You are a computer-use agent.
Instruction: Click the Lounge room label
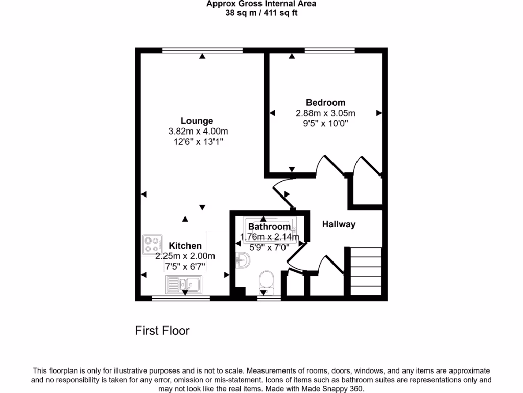pyautogui.click(x=197, y=121)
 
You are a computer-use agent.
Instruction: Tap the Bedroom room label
pyautogui.click(x=325, y=102)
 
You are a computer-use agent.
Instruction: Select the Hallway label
pyautogui.click(x=339, y=224)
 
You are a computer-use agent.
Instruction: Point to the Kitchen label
pyautogui.click(x=185, y=246)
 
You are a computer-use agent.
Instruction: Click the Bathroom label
pyautogui.click(x=269, y=227)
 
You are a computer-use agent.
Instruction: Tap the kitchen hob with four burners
pyautogui.click(x=152, y=245)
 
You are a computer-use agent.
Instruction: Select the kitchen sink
pyautogui.click(x=184, y=285)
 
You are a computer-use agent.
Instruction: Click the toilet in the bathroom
pyautogui.click(x=267, y=282)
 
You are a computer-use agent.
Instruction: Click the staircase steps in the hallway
pyautogui.click(x=366, y=271)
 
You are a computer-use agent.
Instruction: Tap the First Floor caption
pyautogui.click(x=162, y=331)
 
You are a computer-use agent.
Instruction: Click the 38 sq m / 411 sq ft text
pyautogui.click(x=261, y=13)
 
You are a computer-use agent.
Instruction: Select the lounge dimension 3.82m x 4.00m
pyautogui.click(x=198, y=132)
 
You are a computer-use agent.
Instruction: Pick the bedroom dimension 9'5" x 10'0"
pyautogui.click(x=325, y=124)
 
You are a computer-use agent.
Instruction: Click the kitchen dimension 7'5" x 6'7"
pyautogui.click(x=185, y=267)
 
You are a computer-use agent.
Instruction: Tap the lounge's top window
pyautogui.click(x=202, y=51)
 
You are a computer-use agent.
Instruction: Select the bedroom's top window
pyautogui.click(x=330, y=51)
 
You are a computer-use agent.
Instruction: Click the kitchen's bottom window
pyautogui.click(x=181, y=298)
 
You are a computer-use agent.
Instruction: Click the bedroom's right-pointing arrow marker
pyautogui.click(x=379, y=113)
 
